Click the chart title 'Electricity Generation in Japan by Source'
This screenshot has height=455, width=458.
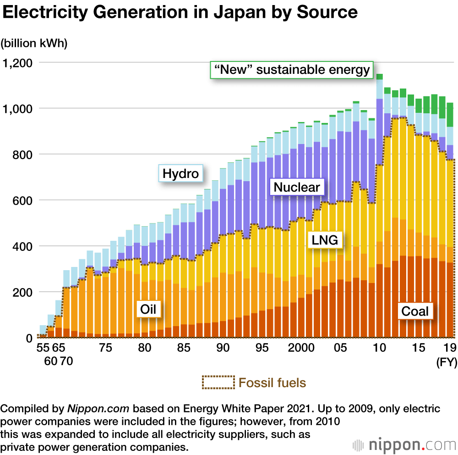pyautogui.click(x=180, y=13)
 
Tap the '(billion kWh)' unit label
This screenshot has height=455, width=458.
pyautogui.click(x=34, y=43)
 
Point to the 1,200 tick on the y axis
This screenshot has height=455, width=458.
pyautogui.click(x=18, y=63)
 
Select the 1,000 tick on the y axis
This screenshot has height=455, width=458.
pyautogui.click(x=18, y=109)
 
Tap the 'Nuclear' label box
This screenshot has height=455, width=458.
pyautogui.click(x=297, y=187)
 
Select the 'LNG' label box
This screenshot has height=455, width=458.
pyautogui.click(x=325, y=239)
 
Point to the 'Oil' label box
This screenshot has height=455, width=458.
pyautogui.click(x=148, y=309)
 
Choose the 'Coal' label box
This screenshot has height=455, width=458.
pyautogui.click(x=415, y=311)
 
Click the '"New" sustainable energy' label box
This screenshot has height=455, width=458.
pyautogui.click(x=292, y=70)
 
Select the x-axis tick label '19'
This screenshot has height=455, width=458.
pyautogui.click(x=449, y=348)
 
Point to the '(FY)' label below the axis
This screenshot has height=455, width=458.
pyautogui.click(x=446, y=363)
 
